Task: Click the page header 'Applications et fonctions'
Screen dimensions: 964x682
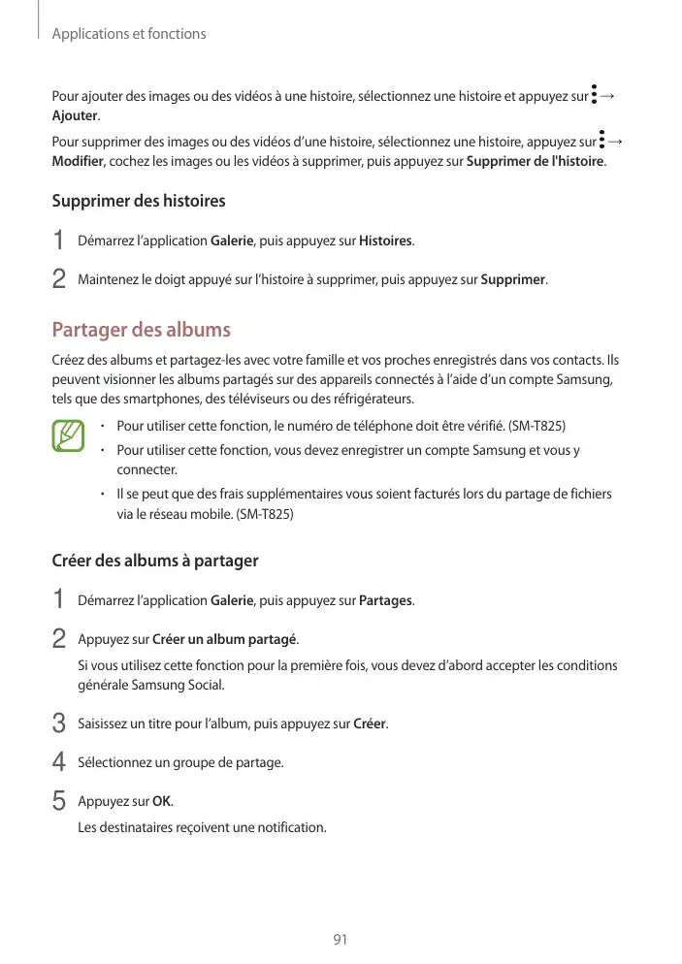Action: tap(128, 34)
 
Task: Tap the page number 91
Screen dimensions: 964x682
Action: tap(340, 940)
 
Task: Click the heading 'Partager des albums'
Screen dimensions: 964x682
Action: tap(141, 329)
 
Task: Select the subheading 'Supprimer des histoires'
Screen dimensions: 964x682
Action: tap(138, 201)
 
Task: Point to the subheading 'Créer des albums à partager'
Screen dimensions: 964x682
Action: tap(154, 561)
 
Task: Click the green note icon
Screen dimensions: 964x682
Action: tap(69, 435)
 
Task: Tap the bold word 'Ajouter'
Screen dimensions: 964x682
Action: tap(74, 115)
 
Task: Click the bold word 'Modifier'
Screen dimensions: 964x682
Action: tap(78, 160)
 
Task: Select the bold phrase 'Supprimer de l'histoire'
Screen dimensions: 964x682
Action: tap(536, 160)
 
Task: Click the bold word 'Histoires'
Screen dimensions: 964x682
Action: tap(385, 240)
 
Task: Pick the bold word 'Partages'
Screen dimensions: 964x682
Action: tap(385, 600)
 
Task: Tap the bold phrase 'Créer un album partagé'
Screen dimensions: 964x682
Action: tap(225, 639)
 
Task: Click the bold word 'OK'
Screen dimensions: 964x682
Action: tap(162, 801)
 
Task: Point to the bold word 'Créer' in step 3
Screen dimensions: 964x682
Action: tap(369, 724)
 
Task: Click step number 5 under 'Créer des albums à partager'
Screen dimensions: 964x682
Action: tap(58, 801)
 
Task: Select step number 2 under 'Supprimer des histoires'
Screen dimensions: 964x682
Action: tap(58, 279)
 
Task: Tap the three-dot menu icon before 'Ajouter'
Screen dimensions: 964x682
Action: tap(593, 96)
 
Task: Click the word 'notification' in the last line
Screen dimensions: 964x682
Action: tap(289, 827)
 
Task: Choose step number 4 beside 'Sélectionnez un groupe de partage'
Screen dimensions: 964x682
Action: tap(58, 762)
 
